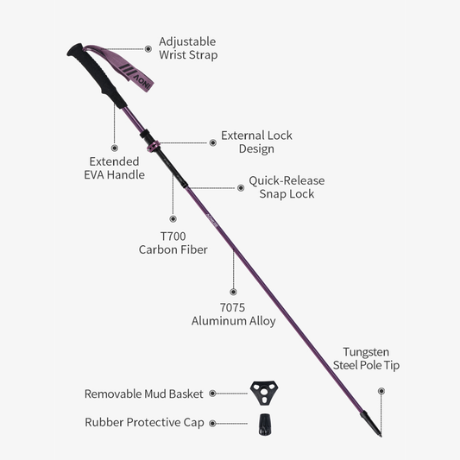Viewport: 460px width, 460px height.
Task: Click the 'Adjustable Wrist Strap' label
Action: pyautogui.click(x=188, y=48)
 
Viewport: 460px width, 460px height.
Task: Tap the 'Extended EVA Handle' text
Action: pyautogui.click(x=115, y=168)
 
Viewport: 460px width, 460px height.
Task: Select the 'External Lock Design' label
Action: pyautogui.click(x=256, y=142)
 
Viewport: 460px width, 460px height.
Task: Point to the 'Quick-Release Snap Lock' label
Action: pyautogui.click(x=287, y=187)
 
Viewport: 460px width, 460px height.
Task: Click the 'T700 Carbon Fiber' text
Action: pyautogui.click(x=173, y=243)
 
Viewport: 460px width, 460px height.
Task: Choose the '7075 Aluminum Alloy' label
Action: pyautogui.click(x=233, y=314)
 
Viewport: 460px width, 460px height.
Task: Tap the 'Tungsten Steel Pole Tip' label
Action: pyautogui.click(x=366, y=358)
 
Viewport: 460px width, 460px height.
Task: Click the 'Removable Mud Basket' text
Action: pyautogui.click(x=144, y=394)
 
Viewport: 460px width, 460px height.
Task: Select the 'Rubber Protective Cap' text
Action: pyautogui.click(x=144, y=423)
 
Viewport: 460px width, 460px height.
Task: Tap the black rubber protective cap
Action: pyautogui.click(x=264, y=425)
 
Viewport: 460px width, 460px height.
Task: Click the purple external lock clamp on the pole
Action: pyautogui.click(x=154, y=146)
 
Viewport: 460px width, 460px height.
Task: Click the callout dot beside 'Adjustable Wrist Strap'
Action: pyautogui.click(x=148, y=48)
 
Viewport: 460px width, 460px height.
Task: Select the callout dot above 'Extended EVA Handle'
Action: pyautogui.click(x=115, y=148)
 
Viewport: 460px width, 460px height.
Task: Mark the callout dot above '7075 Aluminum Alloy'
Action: pyautogui.click(x=233, y=292)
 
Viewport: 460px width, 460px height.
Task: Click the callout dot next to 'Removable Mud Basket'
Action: pyautogui.click(x=212, y=394)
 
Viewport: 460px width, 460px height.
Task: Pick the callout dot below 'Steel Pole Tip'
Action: pyautogui.click(x=381, y=391)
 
